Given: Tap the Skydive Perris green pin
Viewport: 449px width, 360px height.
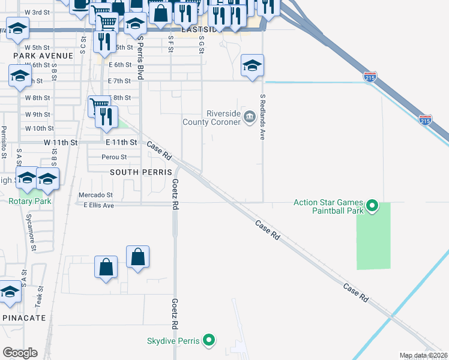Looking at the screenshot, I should point(209,341).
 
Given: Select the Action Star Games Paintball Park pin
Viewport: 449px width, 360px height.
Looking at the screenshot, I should point(372,207).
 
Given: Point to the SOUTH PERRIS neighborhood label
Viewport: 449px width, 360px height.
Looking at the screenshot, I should point(137,172).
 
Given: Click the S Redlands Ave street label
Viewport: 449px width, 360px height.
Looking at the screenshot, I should point(262,117).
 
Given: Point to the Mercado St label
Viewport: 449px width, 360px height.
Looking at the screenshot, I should point(95,195).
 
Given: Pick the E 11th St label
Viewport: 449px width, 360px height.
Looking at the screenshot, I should point(122,143).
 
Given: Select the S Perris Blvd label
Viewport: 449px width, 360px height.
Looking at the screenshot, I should point(140,57).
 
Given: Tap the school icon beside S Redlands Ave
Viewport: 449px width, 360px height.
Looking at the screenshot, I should point(252,65).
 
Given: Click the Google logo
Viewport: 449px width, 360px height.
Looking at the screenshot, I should point(20,353).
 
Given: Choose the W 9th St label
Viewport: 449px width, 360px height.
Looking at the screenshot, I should point(37,114).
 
